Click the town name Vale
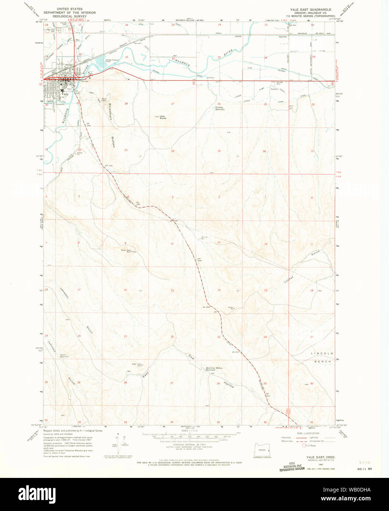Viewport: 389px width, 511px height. click(x=65, y=94)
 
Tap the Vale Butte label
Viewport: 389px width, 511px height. click(x=163, y=118)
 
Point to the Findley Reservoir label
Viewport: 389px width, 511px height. click(x=220, y=108)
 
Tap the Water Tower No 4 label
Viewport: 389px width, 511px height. click(x=137, y=365)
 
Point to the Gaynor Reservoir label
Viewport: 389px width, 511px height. click(x=65, y=356)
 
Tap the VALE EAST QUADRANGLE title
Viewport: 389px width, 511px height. click(x=310, y=9)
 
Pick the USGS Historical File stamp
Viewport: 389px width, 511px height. click(x=292, y=467)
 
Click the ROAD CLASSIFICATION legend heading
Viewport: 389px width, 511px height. click(x=308, y=434)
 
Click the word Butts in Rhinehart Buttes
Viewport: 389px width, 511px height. click(x=114, y=143)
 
